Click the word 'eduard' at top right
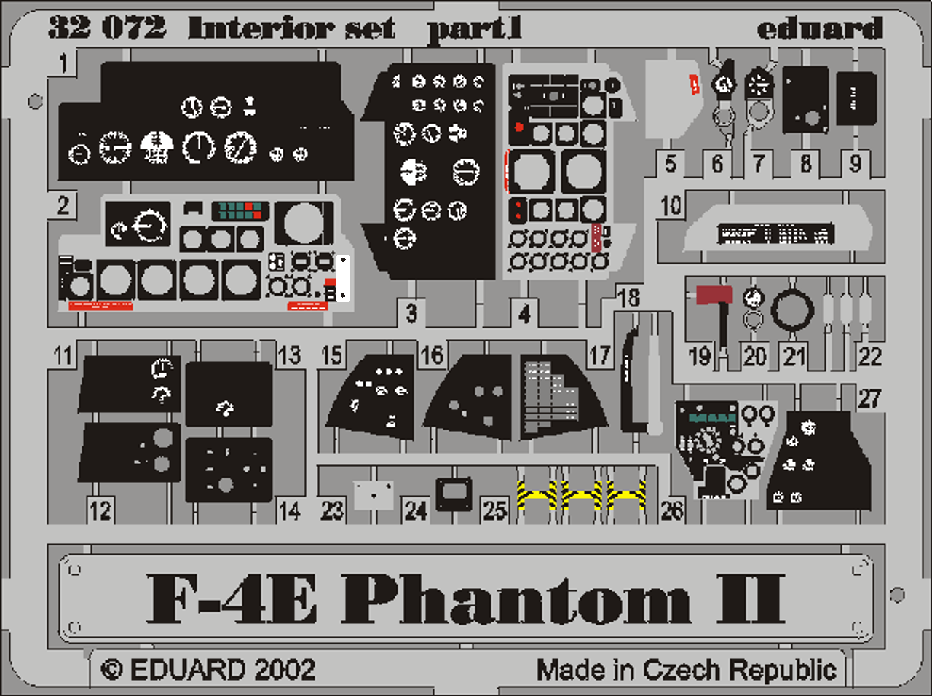point(819,28)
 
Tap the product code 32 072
point(107,28)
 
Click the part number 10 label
point(671,206)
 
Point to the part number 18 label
point(628,297)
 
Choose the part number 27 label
point(869,398)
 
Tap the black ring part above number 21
point(792,309)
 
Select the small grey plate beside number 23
point(374,494)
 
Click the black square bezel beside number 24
point(454,494)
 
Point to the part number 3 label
point(411,314)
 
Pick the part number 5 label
point(671,164)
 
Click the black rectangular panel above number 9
point(856,98)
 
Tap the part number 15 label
point(332,355)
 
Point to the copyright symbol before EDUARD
point(111,670)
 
